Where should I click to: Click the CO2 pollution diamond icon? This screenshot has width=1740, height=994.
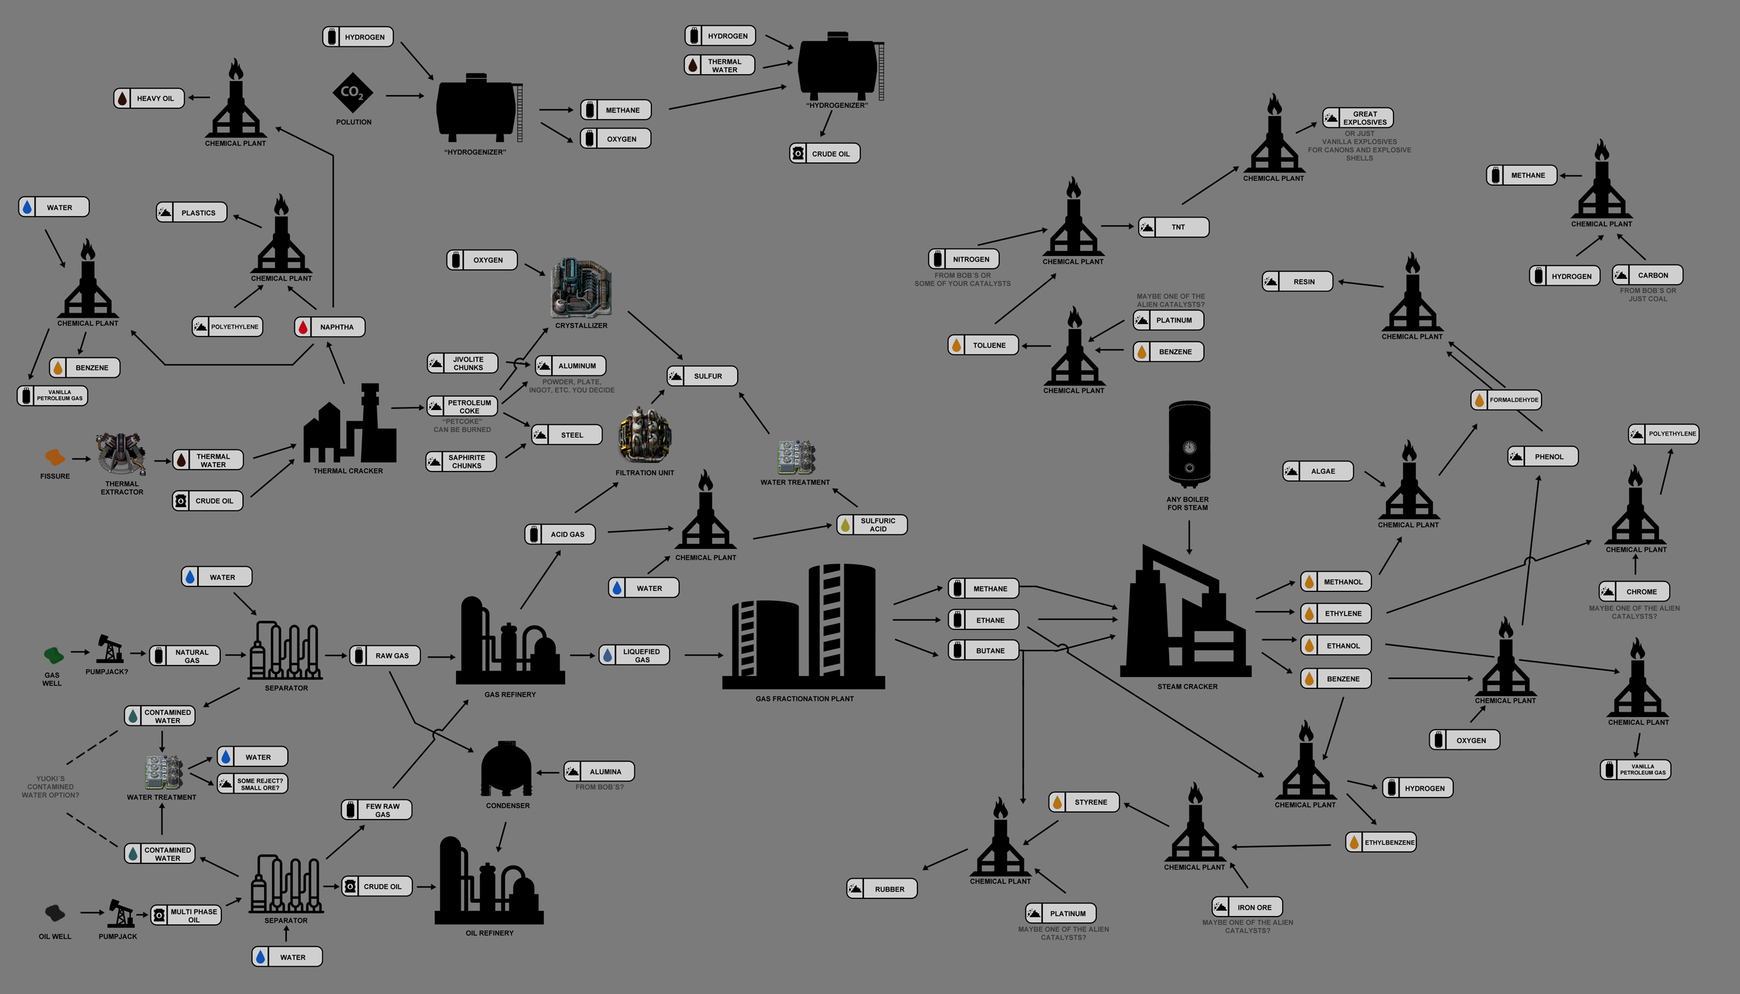click(x=353, y=92)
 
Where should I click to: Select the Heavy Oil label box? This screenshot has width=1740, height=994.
click(x=149, y=98)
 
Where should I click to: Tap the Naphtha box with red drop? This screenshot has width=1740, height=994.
click(x=330, y=327)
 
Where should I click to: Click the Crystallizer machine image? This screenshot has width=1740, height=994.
click(x=581, y=287)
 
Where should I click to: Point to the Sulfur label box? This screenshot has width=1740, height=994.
click(x=702, y=376)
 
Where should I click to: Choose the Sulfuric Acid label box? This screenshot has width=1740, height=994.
click(x=872, y=524)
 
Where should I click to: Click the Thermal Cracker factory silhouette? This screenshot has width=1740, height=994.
click(x=350, y=423)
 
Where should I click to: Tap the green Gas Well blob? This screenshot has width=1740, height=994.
click(x=53, y=655)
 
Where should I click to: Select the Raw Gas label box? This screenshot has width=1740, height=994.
click(x=385, y=655)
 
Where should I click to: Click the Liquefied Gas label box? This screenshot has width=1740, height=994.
click(x=634, y=655)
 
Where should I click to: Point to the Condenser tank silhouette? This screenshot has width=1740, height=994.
click(x=506, y=769)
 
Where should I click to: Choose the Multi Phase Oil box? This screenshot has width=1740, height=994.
click(x=186, y=915)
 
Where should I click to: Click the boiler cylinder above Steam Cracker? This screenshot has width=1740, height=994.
click(x=1189, y=444)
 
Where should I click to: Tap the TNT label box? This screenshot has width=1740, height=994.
click(x=1174, y=228)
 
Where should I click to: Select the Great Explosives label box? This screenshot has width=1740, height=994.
click(x=1358, y=118)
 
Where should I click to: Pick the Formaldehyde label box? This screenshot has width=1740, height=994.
click(x=1507, y=400)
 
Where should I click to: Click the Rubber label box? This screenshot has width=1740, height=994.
click(x=882, y=889)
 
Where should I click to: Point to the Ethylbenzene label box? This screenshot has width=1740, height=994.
click(x=1382, y=842)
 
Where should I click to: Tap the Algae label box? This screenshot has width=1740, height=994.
click(x=1318, y=471)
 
